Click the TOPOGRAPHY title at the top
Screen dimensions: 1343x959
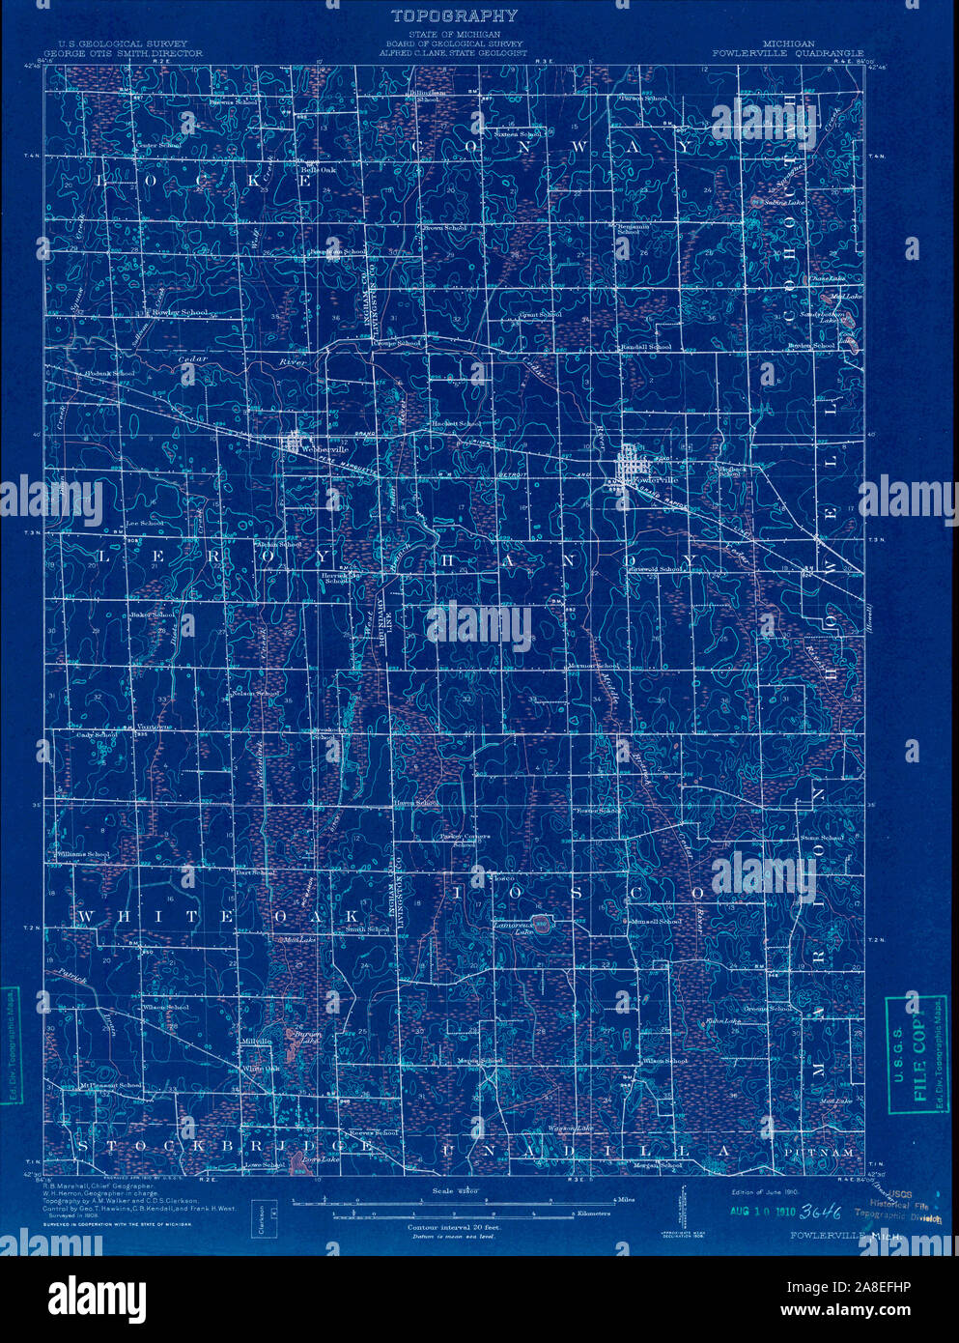pos(454,15)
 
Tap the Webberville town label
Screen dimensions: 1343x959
pos(314,450)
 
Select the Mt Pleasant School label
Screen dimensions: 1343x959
pos(111,1085)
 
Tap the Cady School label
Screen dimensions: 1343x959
pos(97,735)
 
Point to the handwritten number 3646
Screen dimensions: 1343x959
pos(821,1212)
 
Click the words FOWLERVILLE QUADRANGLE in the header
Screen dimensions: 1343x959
pos(787,53)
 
